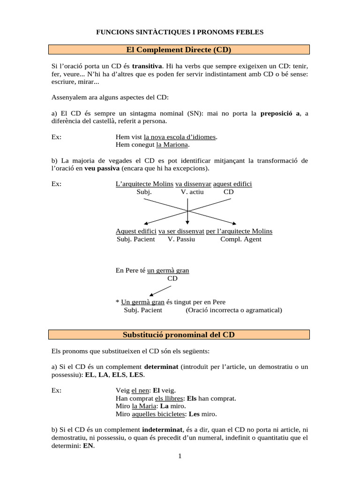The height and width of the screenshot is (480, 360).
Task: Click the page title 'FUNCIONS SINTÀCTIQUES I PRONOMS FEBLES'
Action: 180,32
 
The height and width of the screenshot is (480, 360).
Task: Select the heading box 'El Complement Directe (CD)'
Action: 180,49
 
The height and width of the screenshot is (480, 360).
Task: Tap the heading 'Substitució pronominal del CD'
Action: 180,335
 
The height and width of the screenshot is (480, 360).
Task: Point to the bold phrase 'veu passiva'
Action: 102,168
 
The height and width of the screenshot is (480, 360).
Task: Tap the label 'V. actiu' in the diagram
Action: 193,192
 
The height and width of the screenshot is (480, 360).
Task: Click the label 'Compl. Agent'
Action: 241,239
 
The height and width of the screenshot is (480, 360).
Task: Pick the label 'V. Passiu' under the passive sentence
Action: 181,239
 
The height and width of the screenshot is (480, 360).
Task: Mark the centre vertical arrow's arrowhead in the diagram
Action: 187,222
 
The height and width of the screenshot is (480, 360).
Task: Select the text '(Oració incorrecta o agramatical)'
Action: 234,310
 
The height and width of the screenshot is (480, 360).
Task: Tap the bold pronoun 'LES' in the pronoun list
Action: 136,375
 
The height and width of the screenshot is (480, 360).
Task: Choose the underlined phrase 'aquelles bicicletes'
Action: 159,414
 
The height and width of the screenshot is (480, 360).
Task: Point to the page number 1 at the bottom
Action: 180,457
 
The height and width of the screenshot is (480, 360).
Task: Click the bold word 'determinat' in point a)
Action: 161,367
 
